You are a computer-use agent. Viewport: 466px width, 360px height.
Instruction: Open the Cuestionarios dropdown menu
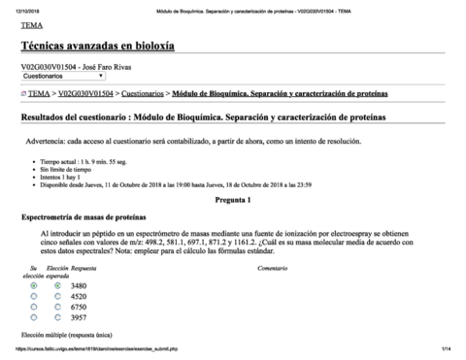[x=64, y=75]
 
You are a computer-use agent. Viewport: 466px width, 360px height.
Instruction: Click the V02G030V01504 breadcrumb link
[x=87, y=94]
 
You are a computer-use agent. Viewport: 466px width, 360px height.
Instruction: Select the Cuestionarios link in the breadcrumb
[x=143, y=94]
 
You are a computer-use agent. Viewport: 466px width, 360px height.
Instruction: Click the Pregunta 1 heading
[x=233, y=200]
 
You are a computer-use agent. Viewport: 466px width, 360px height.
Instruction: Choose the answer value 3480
[x=79, y=285]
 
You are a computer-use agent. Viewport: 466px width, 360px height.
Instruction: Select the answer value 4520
[x=79, y=296]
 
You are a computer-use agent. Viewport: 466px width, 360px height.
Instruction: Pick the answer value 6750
[x=79, y=307]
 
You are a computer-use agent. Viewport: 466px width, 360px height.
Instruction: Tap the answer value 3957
[x=79, y=317]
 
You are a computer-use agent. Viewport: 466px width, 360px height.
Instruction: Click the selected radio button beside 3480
[x=34, y=285]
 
